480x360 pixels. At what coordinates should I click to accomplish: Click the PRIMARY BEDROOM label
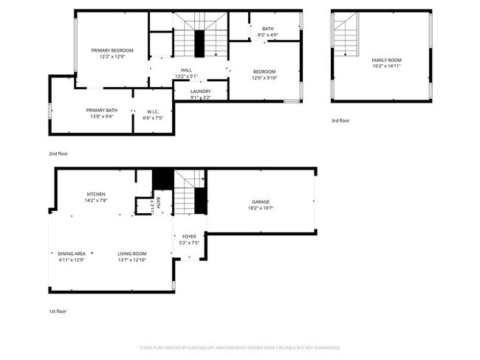pyautogui.click(x=112, y=50)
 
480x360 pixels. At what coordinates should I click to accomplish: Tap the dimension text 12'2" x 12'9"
pyautogui.click(x=112, y=57)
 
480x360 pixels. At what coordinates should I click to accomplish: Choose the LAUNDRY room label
pyautogui.click(x=200, y=91)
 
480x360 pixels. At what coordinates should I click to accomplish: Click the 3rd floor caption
pyautogui.click(x=340, y=120)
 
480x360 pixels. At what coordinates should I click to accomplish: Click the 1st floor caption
pyautogui.click(x=58, y=311)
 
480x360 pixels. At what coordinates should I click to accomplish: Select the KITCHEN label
pyautogui.click(x=96, y=193)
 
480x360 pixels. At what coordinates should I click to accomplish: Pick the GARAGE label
pyautogui.click(x=261, y=201)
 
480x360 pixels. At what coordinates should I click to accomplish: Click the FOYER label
pyautogui.click(x=190, y=236)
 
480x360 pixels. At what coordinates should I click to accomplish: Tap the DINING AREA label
pyautogui.click(x=72, y=253)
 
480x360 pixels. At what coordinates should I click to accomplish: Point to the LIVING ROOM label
pyautogui.click(x=132, y=253)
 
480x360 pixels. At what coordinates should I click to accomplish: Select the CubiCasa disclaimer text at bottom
pyautogui.click(x=240, y=347)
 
